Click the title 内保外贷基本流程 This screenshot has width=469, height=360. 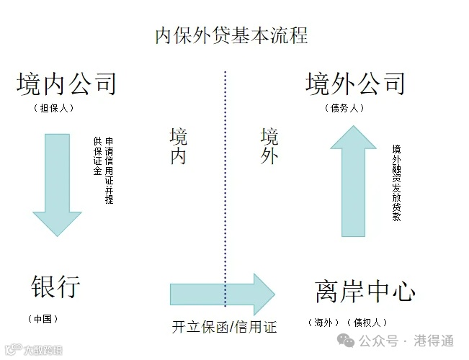231,35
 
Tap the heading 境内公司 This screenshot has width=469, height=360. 66,84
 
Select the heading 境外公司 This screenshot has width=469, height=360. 355,84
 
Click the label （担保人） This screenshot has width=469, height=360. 54,109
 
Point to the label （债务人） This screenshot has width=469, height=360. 345,109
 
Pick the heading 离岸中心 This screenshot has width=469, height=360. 365,292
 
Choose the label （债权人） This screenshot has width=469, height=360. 367,322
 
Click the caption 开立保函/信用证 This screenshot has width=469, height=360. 224,327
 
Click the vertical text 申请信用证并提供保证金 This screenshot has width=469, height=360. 104,170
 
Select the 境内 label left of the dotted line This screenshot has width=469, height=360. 178,146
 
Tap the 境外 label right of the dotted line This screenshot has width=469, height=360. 269,146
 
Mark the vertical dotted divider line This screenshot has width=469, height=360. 225,180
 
